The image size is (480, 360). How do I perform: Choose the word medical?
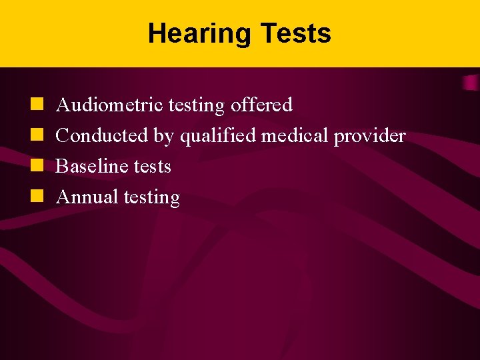(x=295, y=136)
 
